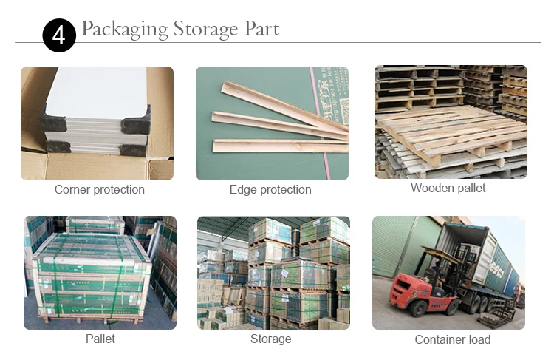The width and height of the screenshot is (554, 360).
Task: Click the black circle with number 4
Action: point(59,35)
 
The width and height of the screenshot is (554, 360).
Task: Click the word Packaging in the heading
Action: point(124,30)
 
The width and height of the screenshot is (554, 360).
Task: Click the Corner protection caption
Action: point(100,190)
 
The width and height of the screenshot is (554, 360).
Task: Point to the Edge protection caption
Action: point(270,190)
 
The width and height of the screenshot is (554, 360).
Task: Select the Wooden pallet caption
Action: point(448,189)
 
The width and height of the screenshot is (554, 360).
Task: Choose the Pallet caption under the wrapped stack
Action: point(100,339)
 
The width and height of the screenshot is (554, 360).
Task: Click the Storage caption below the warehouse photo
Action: point(271,339)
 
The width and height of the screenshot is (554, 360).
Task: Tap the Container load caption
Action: point(453,340)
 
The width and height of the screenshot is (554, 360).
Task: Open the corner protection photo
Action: point(97,123)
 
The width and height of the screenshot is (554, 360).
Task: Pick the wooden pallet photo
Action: point(451,122)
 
